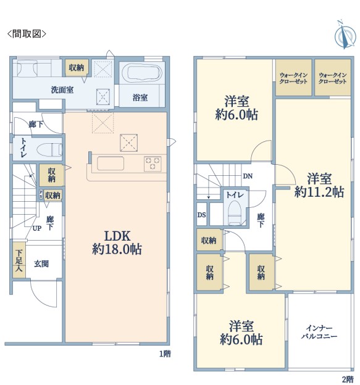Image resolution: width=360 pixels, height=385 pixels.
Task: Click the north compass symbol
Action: (345, 35)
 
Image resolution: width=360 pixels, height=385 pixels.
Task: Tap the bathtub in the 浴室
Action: (141, 72)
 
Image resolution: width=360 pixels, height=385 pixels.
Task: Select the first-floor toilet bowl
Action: (49, 149)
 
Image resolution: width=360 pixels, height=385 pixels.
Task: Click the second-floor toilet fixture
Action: (235, 213)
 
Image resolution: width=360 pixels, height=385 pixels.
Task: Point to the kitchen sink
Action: (111, 164)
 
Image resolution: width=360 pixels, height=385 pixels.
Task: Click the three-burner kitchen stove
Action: (153, 164)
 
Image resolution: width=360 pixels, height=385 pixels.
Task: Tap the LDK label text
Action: (117, 236)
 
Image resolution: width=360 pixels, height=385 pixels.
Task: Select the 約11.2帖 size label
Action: (319, 192)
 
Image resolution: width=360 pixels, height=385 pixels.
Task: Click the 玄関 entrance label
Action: (41, 264)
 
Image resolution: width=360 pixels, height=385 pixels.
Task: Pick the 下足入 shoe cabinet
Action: (19, 260)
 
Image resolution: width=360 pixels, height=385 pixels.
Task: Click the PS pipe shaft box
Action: (41, 194)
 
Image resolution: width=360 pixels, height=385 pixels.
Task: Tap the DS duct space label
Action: (202, 215)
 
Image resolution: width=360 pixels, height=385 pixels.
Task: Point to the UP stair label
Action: (37, 228)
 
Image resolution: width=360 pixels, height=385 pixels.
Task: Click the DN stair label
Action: (248, 176)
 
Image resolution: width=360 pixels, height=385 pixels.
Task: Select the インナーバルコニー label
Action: (319, 332)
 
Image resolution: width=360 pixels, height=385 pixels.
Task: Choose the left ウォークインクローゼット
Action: (293, 78)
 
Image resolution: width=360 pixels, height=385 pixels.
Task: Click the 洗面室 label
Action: (62, 90)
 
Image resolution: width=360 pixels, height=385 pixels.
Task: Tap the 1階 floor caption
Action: (165, 354)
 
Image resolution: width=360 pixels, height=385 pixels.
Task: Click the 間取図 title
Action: (27, 34)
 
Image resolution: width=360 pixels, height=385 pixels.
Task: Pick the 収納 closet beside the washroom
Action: (77, 67)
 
